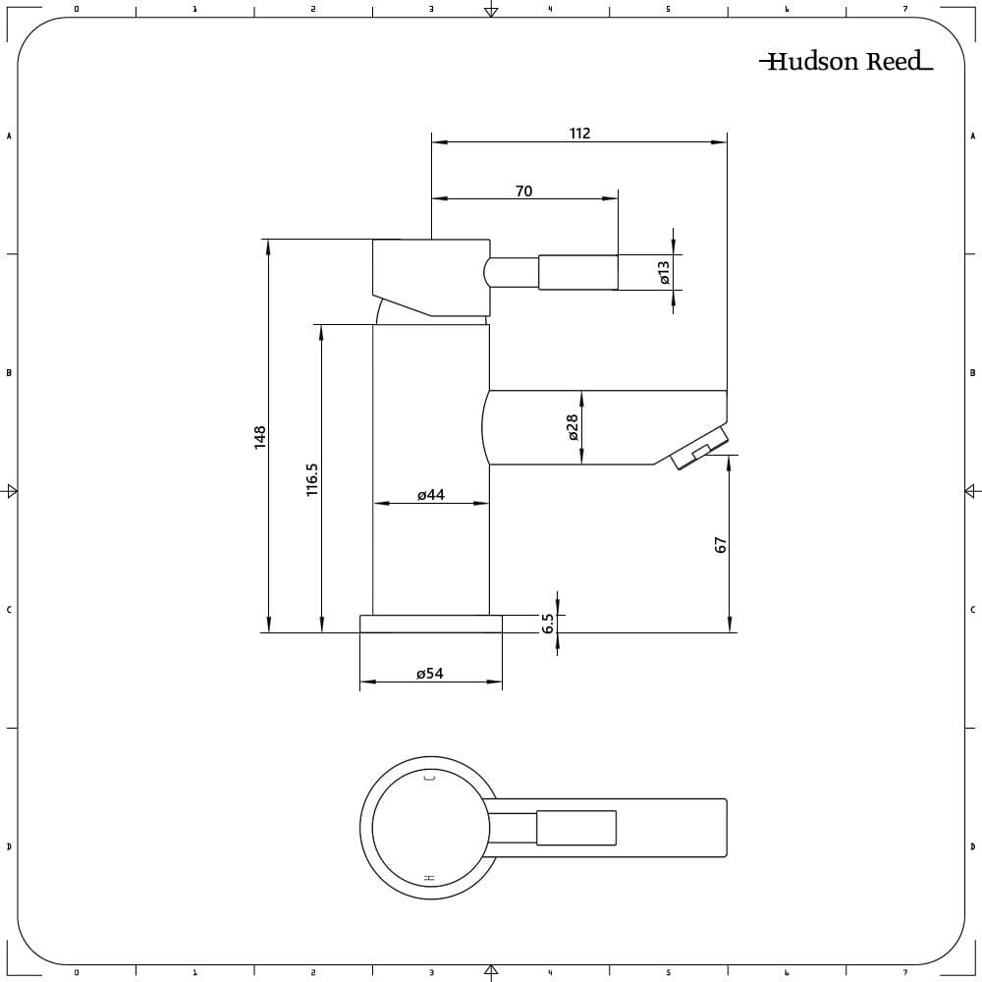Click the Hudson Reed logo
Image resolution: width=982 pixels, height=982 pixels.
tap(846, 61)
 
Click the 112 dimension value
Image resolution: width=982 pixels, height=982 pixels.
tap(580, 134)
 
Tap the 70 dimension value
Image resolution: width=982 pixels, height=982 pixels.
tap(524, 191)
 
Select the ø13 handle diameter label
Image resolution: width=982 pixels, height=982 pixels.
tap(665, 272)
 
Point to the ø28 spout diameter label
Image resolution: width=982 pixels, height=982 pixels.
tap(573, 428)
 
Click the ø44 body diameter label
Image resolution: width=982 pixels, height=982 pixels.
tap(431, 495)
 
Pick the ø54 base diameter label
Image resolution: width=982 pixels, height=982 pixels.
tap(430, 674)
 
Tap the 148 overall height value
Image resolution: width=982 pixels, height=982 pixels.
tap(260, 437)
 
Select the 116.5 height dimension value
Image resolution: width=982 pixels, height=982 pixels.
tap(312, 480)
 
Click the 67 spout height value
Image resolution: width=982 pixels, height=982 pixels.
tap(720, 545)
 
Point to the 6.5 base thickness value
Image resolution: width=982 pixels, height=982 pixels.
tap(548, 624)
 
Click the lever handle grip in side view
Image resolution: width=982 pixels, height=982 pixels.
tap(578, 272)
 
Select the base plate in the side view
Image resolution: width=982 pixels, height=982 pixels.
tap(431, 624)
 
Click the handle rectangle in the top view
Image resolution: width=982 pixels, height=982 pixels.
tap(576, 827)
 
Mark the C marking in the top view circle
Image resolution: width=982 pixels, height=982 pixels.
tap(430, 778)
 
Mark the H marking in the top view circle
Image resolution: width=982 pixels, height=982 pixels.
tap(430, 878)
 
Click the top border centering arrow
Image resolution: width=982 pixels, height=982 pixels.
tap(492, 9)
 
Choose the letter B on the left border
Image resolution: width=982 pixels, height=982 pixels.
tap(9, 372)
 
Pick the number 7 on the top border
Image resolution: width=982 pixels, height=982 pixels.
tap(905, 9)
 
